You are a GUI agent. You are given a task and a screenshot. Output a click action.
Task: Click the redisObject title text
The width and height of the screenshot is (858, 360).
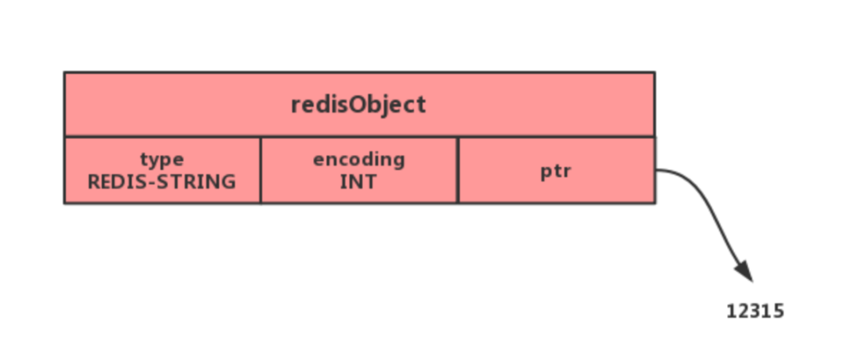click(x=358, y=104)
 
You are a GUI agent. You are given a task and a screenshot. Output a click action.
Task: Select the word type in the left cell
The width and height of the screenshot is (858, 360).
click(x=162, y=160)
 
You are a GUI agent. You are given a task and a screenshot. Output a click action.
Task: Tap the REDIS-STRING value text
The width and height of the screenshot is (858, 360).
click(x=162, y=181)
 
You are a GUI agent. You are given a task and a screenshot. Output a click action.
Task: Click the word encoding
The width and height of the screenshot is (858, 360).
click(x=359, y=160)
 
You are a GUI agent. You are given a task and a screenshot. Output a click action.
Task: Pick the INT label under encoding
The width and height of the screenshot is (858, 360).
click(x=359, y=181)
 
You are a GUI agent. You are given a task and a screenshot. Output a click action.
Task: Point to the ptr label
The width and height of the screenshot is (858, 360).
click(x=557, y=172)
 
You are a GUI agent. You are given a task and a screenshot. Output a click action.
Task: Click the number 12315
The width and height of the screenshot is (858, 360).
click(x=755, y=311)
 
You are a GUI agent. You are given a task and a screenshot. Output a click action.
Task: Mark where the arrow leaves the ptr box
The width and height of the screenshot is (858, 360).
click(x=657, y=170)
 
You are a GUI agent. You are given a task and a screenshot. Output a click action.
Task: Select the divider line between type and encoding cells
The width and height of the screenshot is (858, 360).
click(x=261, y=170)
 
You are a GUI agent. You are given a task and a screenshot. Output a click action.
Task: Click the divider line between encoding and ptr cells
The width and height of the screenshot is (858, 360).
click(x=458, y=170)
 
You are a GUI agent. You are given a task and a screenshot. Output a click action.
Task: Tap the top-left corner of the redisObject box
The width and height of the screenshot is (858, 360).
click(x=65, y=73)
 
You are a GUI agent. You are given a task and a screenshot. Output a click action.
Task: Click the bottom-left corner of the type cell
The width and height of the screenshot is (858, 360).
click(x=65, y=203)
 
